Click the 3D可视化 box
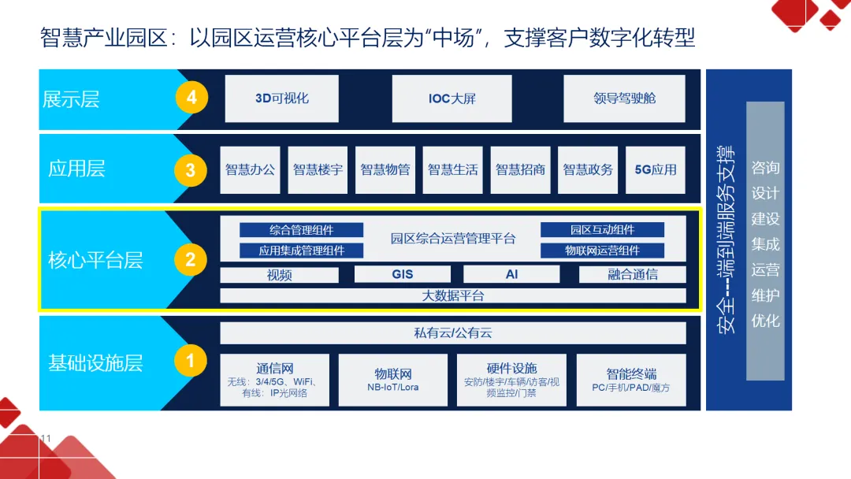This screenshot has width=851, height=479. [x=282, y=98]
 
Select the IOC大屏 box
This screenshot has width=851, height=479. [x=452, y=98]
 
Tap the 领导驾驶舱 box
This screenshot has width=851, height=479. [x=624, y=98]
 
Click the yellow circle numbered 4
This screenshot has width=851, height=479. [x=191, y=98]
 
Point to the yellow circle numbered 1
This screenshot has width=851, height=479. [x=190, y=361]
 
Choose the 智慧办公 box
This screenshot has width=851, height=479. [x=250, y=169]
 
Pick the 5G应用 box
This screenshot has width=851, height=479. [x=656, y=169]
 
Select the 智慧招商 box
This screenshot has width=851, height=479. [x=520, y=169]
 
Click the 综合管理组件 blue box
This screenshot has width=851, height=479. [x=301, y=230]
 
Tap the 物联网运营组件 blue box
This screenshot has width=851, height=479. [x=602, y=251]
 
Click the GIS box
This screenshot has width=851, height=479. [x=402, y=274]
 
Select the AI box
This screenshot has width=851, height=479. [x=511, y=274]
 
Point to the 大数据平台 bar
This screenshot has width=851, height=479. [x=453, y=295]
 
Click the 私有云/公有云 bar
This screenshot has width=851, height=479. [x=453, y=333]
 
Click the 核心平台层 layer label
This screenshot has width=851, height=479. [x=95, y=260]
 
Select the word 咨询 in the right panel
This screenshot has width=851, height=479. [x=765, y=168]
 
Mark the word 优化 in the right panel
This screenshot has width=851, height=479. [x=765, y=321]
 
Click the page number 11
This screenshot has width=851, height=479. [x=45, y=438]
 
